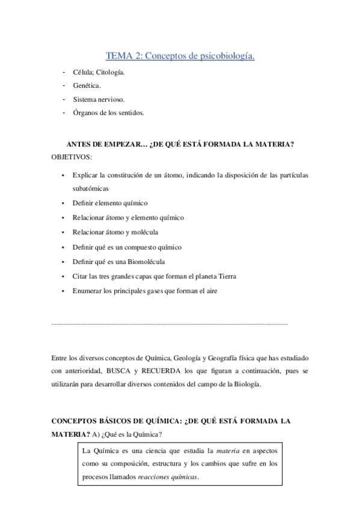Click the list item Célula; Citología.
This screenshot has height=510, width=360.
(99, 72)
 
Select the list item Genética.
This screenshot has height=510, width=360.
(88, 85)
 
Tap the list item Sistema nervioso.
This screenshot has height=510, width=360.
(99, 99)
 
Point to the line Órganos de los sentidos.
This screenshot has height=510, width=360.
(108, 112)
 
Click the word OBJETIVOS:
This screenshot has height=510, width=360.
(72, 157)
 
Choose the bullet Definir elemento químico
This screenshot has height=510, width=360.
(110, 203)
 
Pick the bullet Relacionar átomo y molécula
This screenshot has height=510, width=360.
(115, 232)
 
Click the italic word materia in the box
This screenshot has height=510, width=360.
(228, 450)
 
